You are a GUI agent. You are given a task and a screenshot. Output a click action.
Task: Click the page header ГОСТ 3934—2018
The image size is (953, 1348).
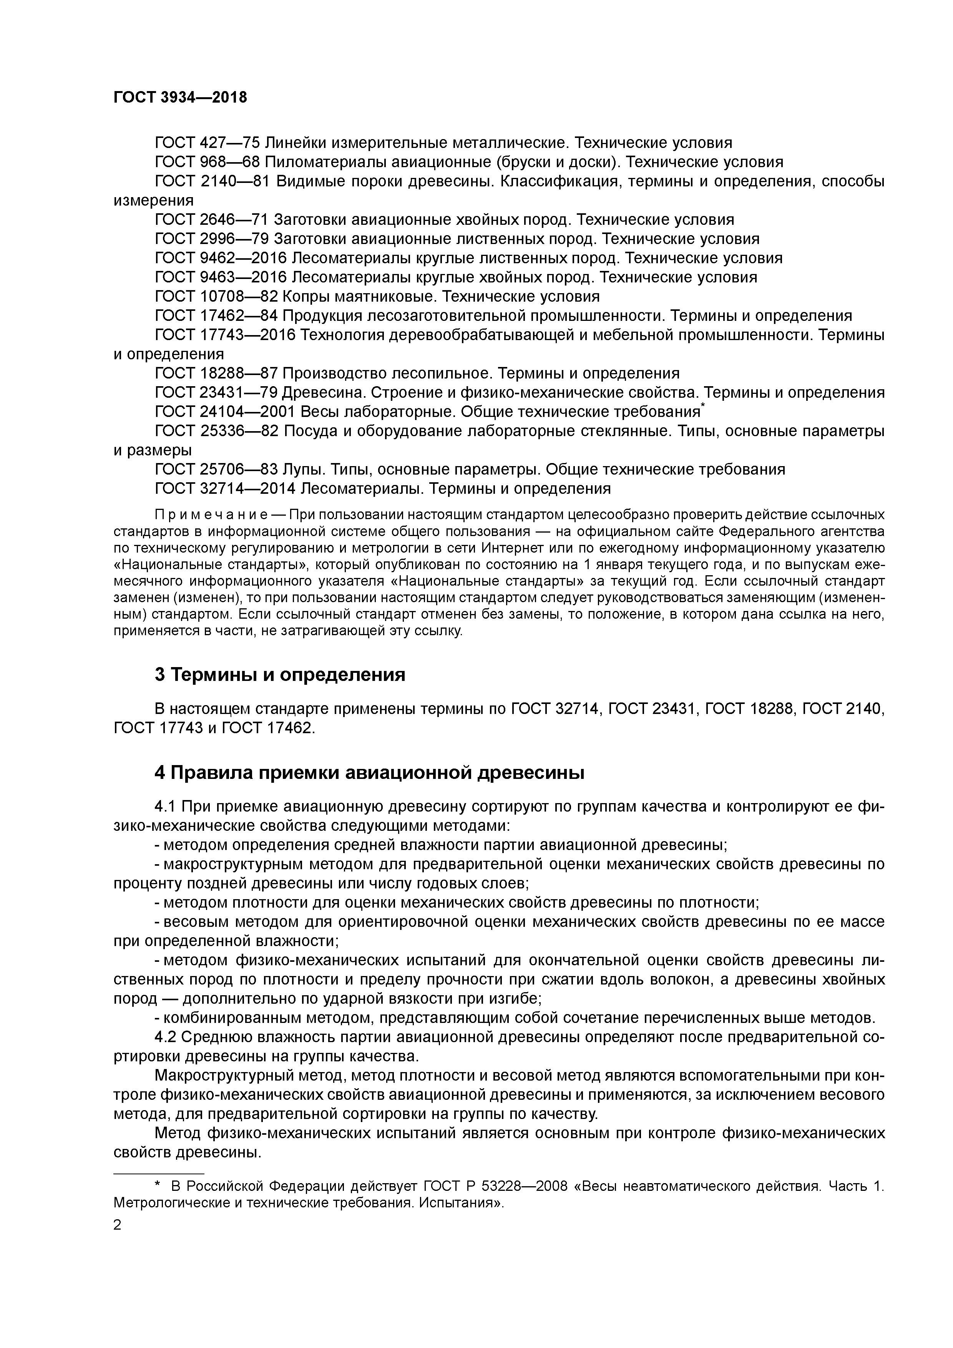tap(180, 98)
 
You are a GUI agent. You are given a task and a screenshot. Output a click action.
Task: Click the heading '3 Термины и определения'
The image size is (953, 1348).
tap(280, 675)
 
